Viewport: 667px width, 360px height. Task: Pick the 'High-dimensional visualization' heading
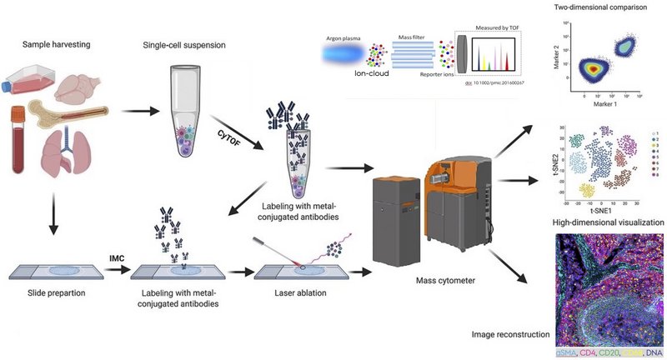pyautogui.click(x=609, y=222)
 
